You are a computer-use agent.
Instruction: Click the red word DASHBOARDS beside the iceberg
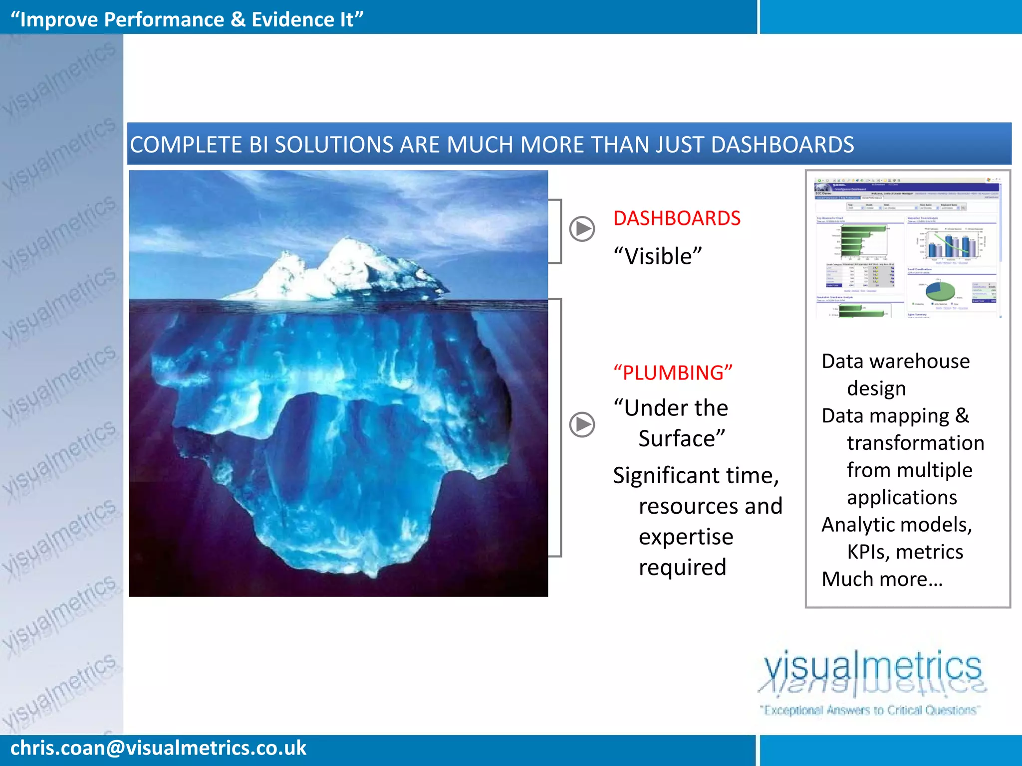point(677,218)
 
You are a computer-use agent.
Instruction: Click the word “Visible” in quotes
point(658,256)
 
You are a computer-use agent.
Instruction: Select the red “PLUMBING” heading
point(673,373)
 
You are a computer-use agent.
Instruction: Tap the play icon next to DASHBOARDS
point(582,229)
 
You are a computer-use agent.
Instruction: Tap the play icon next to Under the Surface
point(582,424)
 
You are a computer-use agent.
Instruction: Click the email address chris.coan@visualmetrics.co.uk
point(158,748)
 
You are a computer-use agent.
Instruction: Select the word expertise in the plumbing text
point(686,537)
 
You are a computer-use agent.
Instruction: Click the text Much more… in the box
point(882,579)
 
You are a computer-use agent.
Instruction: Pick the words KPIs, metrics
point(905,552)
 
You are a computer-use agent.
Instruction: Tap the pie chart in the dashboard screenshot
point(940,291)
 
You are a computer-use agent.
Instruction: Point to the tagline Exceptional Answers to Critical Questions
point(870,710)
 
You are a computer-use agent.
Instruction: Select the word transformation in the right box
point(915,443)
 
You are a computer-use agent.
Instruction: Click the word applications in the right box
point(902,498)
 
